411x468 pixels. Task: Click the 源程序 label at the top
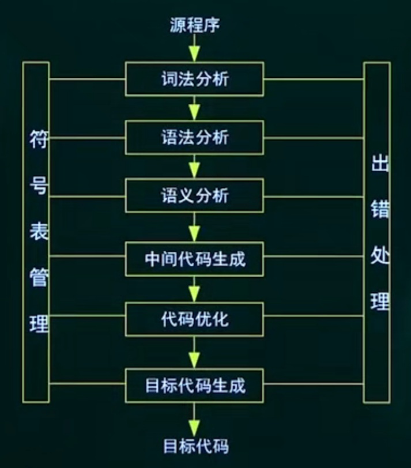coord(195,25)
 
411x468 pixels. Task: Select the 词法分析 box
coord(194,79)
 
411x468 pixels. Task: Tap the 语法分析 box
coord(194,138)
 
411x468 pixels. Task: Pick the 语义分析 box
coord(194,196)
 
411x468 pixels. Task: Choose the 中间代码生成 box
coord(194,259)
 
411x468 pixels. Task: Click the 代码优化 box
coord(194,319)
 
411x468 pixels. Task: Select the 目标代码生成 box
coord(194,386)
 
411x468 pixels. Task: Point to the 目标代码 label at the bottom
coord(196,446)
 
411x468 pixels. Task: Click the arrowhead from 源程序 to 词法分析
coord(194,54)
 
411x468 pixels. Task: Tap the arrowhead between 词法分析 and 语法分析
coord(194,112)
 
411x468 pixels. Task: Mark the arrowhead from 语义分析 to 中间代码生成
coord(194,233)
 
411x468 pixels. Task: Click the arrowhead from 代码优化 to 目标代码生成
coord(194,360)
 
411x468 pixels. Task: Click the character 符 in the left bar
coord(39,139)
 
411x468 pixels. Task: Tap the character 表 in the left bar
coord(39,231)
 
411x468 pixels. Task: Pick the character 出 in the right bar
coord(380,163)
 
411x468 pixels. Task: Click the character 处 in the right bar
coord(380,255)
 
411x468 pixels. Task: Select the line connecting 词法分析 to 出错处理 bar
coord(314,79)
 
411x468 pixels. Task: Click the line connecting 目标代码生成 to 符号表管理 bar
coord(87,383)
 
